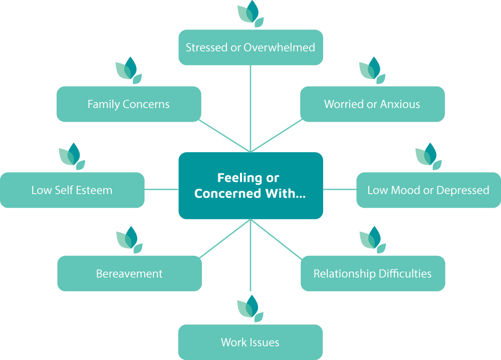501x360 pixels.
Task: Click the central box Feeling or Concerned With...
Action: click(250, 186)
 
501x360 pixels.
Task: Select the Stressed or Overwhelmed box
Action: click(250, 48)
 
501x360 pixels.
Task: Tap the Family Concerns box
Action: click(129, 104)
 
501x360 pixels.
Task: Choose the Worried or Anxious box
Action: click(372, 104)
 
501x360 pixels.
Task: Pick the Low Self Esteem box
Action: click(72, 190)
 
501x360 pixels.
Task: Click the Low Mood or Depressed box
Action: click(428, 190)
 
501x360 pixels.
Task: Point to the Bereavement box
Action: click(129, 274)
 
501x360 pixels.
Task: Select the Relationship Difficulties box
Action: click(373, 273)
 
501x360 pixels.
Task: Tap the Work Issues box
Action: click(250, 342)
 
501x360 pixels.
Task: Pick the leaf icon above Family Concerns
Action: click(129, 70)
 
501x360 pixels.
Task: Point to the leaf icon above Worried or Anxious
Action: click(372, 70)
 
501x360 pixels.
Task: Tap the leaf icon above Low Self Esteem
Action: click(72, 156)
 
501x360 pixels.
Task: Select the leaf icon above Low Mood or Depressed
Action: click(428, 156)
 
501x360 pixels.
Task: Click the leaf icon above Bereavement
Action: click(129, 240)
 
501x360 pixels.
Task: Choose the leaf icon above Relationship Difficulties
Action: click(373, 240)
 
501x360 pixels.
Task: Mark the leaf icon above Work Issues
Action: click(250, 308)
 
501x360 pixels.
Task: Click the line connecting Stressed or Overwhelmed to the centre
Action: click(250, 108)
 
